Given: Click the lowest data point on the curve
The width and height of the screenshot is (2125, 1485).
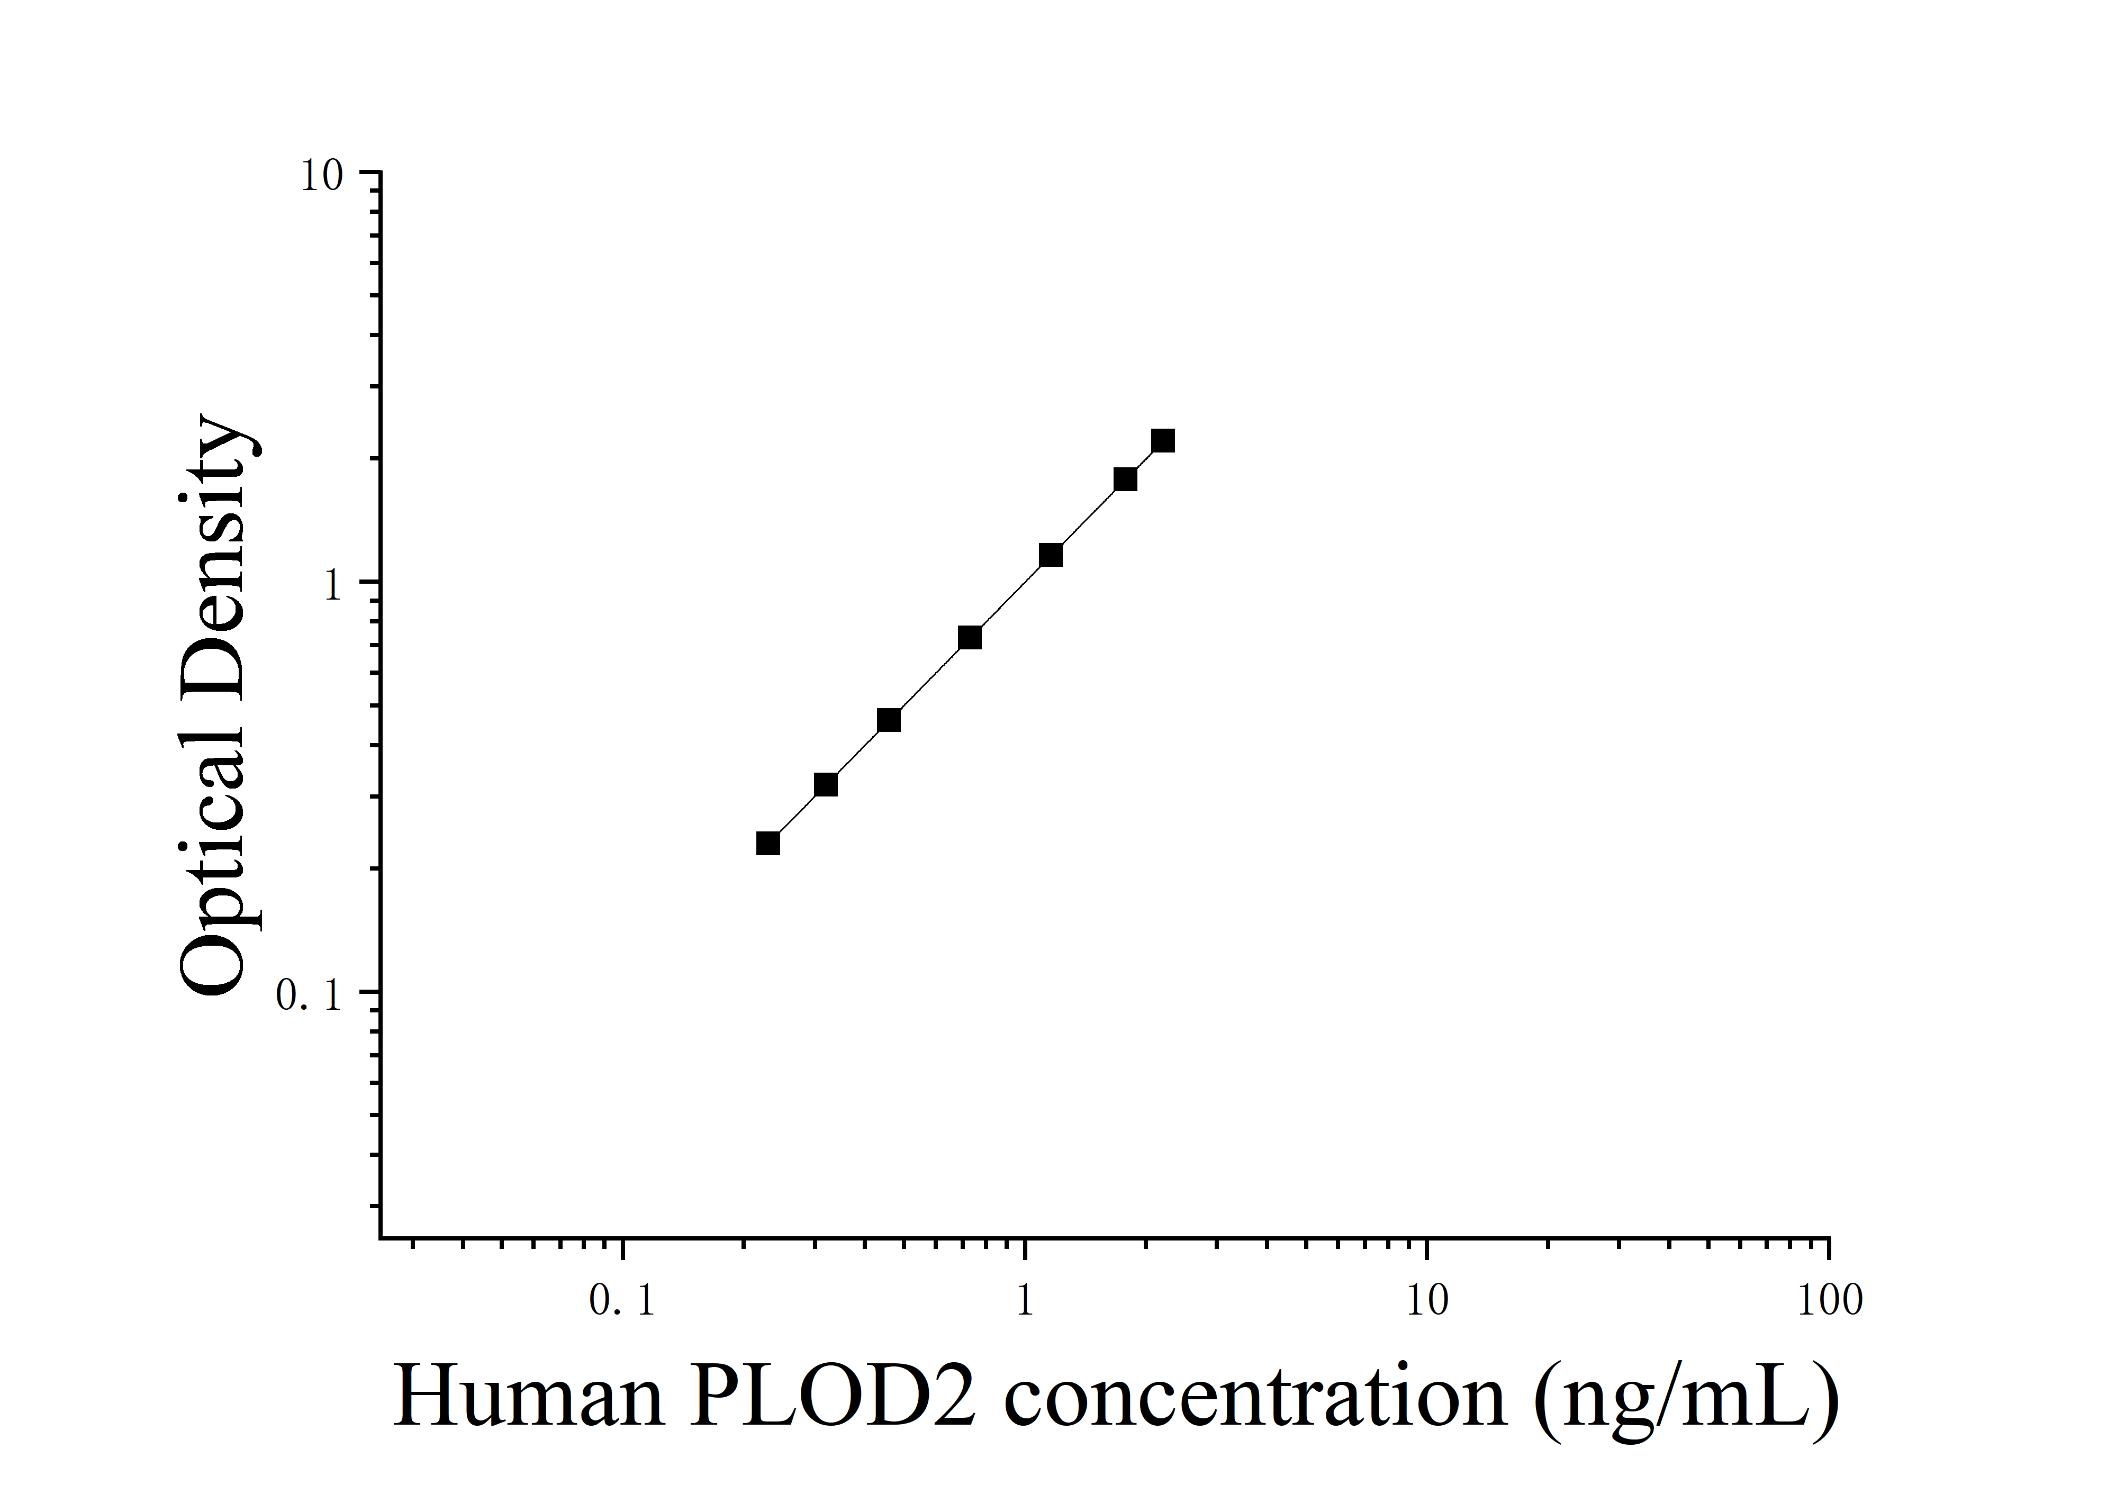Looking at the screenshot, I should click(x=767, y=843).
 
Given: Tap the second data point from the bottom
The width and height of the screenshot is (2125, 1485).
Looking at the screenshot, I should click(x=826, y=785).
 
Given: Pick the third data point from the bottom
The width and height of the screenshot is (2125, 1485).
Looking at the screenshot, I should click(x=889, y=720).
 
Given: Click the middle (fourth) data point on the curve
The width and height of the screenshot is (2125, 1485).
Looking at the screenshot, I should click(x=969, y=638).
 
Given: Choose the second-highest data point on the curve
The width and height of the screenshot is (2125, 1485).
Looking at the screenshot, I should click(x=1125, y=478).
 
